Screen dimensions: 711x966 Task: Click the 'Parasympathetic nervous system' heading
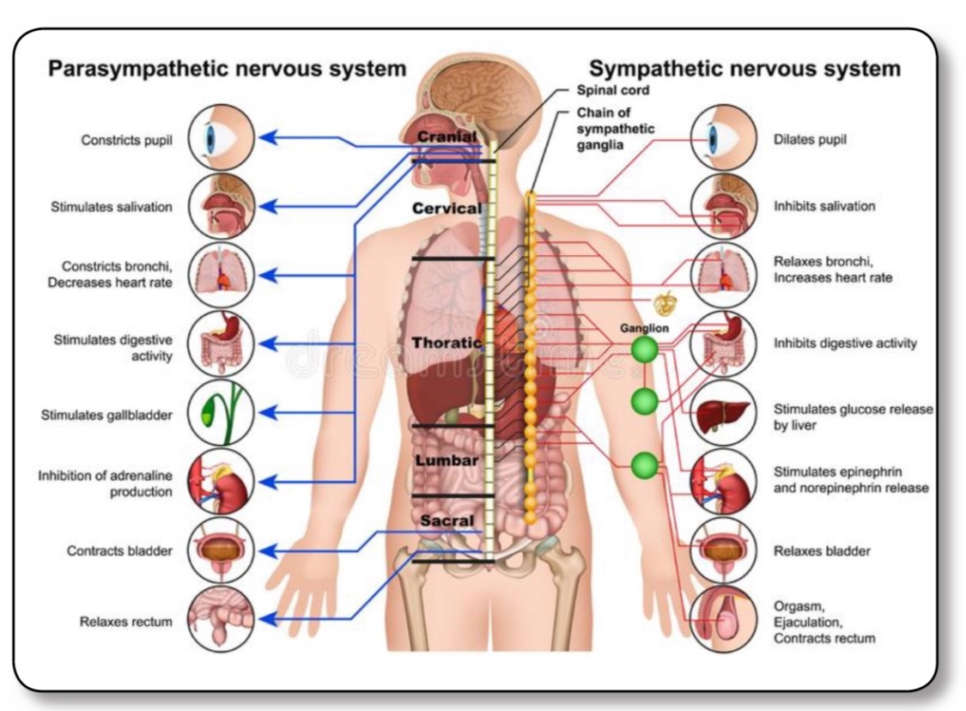(227, 69)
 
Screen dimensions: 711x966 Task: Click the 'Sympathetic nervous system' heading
(744, 69)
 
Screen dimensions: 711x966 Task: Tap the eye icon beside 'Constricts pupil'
(221, 137)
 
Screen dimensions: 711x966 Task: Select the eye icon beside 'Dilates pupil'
(723, 137)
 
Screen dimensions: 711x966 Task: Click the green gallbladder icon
(221, 413)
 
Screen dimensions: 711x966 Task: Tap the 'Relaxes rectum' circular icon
(221, 619)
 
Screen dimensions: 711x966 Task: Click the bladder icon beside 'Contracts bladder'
(221, 550)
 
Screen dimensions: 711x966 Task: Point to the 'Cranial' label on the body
(446, 137)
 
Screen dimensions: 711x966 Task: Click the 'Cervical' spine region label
(447, 208)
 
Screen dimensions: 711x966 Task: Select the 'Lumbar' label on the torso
(447, 460)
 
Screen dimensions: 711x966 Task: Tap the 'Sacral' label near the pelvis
(447, 520)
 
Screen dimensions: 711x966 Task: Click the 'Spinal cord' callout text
(613, 89)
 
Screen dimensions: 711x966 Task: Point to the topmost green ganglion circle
(645, 349)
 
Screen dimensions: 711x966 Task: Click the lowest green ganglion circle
(645, 465)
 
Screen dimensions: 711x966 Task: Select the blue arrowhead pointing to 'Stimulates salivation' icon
(267, 206)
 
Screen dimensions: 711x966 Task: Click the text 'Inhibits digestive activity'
(845, 343)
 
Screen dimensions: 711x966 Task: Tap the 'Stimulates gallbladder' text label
(106, 416)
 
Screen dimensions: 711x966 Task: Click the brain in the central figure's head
(481, 94)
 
